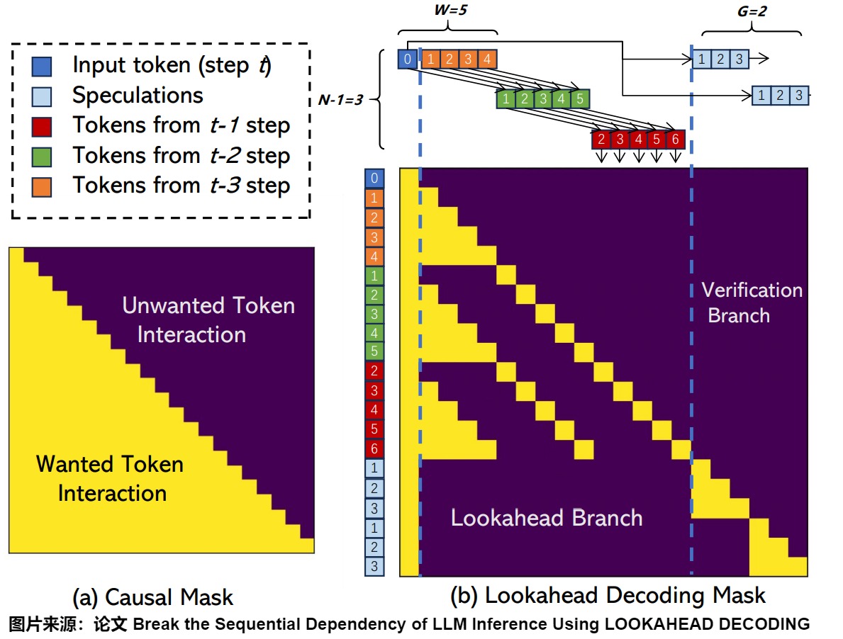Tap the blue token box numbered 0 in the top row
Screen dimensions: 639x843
(407, 60)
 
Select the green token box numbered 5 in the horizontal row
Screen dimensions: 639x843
(579, 99)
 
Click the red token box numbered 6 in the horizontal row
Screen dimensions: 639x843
(674, 140)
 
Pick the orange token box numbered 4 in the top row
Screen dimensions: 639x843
(486, 60)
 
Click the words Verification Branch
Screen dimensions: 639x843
(752, 302)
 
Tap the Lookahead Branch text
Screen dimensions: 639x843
(546, 518)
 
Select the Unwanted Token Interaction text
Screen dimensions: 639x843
(208, 319)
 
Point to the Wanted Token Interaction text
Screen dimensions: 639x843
(111, 478)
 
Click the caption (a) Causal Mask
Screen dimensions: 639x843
(153, 597)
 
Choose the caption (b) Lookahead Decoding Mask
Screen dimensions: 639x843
(608, 595)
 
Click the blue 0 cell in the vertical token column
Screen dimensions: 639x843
(374, 178)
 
